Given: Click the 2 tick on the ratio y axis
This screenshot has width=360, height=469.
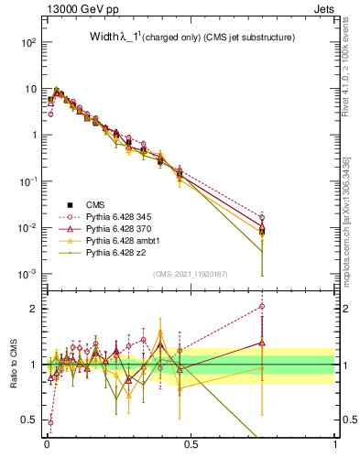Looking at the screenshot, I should (34, 309).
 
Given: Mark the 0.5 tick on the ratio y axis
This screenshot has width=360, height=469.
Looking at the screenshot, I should (31, 420).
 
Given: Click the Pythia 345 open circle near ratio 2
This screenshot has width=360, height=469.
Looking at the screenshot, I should (262, 307).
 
